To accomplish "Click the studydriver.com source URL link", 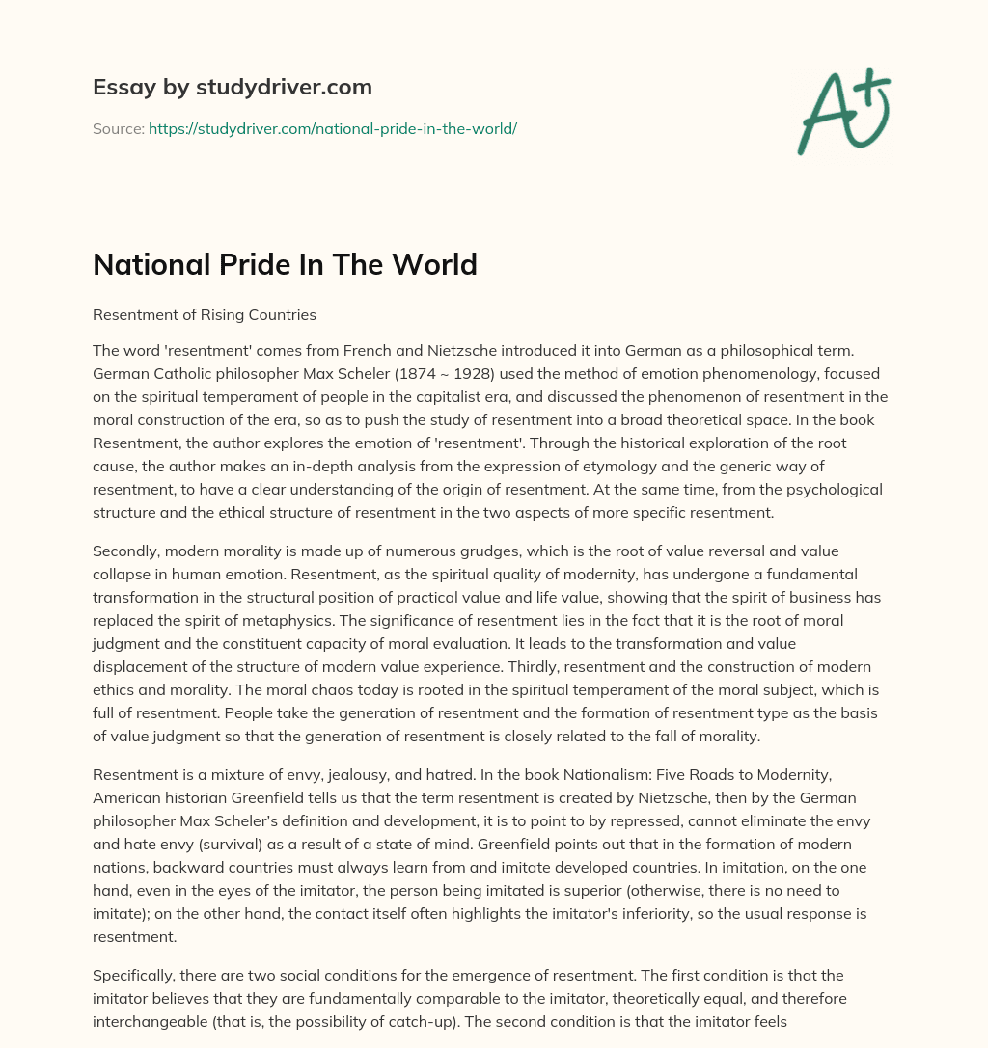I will coord(333,128).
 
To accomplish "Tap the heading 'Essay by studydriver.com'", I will coord(232,87).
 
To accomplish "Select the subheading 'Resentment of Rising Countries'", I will coord(205,314).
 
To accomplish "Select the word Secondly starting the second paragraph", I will coord(125,551).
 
